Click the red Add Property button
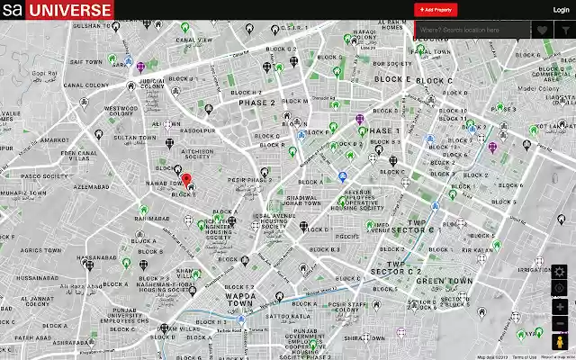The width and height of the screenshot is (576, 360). (436, 9)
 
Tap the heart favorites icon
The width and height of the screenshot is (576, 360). (543, 30)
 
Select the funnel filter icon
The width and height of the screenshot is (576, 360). (564, 30)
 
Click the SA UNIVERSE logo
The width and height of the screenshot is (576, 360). (57, 10)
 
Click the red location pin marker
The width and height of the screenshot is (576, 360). (186, 179)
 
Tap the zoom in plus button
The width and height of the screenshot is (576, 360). (560, 307)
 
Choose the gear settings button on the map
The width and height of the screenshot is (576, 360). (560, 272)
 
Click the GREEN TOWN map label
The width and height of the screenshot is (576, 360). (445, 281)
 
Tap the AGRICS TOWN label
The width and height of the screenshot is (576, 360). (40, 250)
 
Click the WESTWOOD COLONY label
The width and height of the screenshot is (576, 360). (121, 112)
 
